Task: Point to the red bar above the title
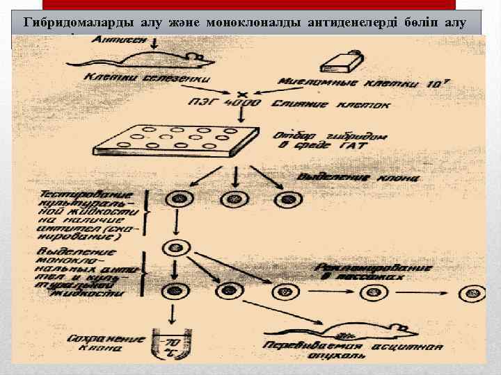[x=250, y=4]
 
